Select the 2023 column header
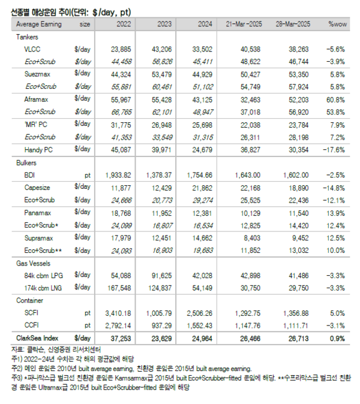point(164,25)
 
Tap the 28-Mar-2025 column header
point(292,25)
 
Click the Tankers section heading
point(27,37)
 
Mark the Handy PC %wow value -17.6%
point(337,150)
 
